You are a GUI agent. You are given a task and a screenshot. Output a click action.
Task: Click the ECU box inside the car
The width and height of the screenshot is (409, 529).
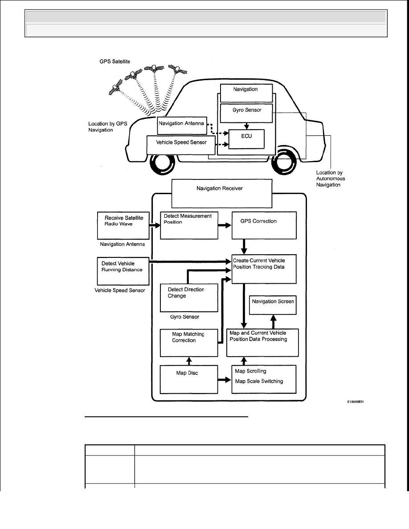[x=246, y=139]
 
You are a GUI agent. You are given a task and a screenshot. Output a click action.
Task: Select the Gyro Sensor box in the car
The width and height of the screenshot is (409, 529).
[x=246, y=113]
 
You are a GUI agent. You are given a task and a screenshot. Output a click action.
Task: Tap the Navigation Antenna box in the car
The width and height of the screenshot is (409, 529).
[x=182, y=126]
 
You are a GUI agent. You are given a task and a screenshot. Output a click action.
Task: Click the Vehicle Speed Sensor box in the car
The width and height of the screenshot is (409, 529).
[x=181, y=145]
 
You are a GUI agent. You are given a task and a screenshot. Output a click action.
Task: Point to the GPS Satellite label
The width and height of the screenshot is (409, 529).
[x=115, y=61]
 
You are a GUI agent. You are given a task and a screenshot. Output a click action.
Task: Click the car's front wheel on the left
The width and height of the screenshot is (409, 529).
[x=162, y=164]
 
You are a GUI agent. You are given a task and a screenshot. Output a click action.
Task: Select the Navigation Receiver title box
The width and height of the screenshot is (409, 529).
[x=222, y=193]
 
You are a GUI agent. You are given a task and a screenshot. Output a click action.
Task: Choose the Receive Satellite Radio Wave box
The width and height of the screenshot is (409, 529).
[x=123, y=225]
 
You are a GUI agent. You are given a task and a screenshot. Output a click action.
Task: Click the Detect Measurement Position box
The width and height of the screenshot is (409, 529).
[x=189, y=225]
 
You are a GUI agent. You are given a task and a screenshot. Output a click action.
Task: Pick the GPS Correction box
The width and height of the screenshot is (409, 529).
[x=264, y=225]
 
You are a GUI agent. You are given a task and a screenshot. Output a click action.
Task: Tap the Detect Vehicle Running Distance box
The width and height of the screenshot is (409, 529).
[x=123, y=271]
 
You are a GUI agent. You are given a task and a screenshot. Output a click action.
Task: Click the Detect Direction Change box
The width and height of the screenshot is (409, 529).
[x=189, y=297]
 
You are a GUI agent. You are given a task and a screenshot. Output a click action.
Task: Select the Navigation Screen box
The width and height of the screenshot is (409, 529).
[x=273, y=305]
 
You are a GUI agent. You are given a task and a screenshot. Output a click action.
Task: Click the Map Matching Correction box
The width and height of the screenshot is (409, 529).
[x=189, y=343]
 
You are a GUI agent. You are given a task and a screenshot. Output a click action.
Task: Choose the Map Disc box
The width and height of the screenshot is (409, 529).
[x=189, y=379]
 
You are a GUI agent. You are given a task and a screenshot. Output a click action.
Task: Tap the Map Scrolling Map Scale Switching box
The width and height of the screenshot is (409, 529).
[x=264, y=379]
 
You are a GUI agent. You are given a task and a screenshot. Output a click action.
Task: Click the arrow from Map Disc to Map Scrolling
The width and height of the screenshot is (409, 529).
[x=225, y=380]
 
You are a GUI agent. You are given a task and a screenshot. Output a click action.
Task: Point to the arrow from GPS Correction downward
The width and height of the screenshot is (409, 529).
[x=244, y=247]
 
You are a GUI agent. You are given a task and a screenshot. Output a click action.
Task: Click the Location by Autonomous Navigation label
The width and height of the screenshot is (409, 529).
[x=331, y=179]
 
